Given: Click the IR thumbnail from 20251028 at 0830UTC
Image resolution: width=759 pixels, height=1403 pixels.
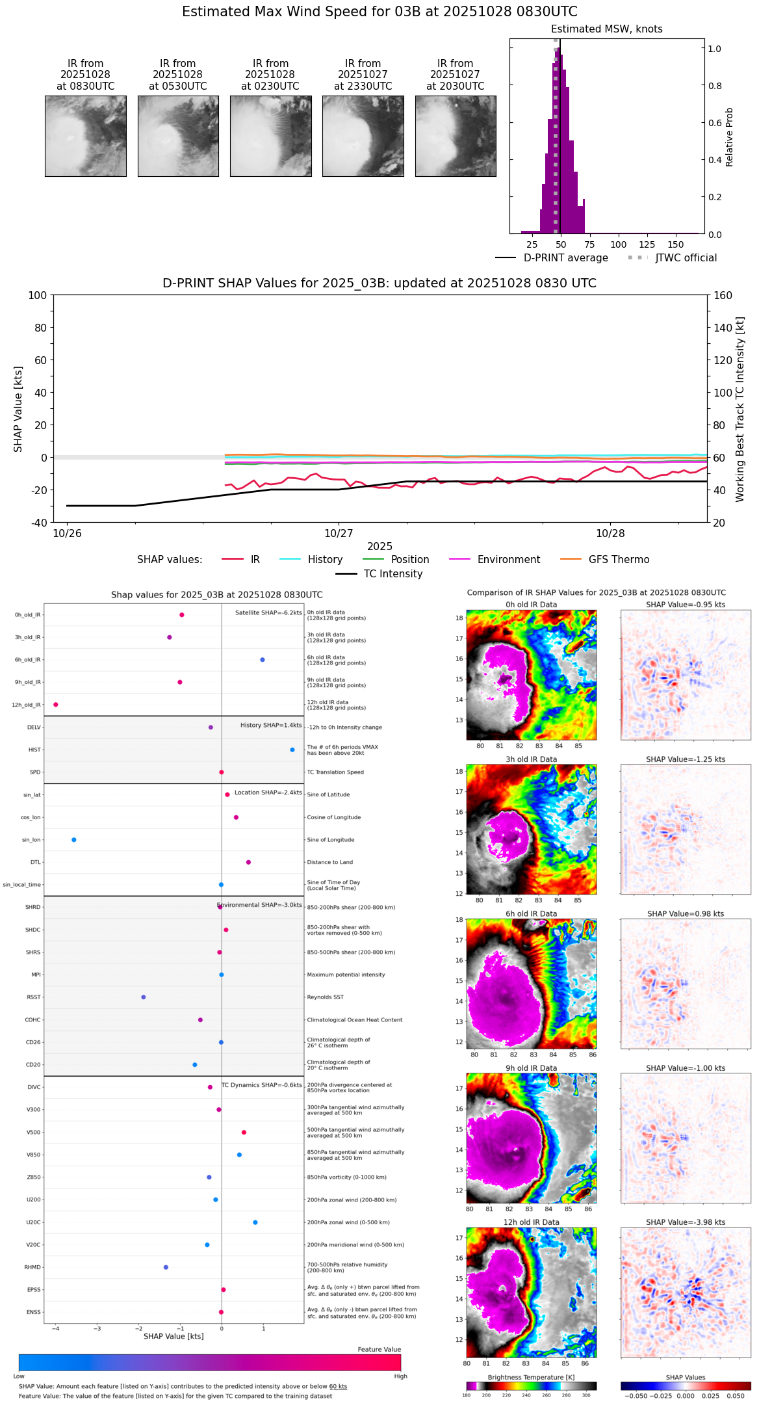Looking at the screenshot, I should (x=85, y=136).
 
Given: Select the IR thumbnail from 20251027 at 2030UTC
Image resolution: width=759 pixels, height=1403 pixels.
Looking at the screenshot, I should (x=456, y=136).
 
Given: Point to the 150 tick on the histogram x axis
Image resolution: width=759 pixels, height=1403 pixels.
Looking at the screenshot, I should (x=676, y=244).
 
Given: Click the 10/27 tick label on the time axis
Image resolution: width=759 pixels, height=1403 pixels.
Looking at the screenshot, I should (x=339, y=534).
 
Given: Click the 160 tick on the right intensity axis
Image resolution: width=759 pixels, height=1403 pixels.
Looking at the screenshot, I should (x=723, y=296).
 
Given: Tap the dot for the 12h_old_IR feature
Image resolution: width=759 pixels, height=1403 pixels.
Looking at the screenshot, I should (x=56, y=705).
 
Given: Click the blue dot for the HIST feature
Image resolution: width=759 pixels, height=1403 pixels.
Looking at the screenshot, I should (x=292, y=750).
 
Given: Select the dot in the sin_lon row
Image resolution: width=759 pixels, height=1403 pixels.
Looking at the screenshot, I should (x=74, y=840).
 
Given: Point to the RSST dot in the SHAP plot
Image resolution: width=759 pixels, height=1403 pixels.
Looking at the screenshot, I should (x=144, y=997).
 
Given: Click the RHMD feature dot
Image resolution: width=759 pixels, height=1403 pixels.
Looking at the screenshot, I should (x=166, y=1267).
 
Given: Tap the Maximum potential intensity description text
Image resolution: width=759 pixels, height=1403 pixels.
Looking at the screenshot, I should (x=346, y=975).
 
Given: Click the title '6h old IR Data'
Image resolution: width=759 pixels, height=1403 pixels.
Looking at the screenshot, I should (x=531, y=914).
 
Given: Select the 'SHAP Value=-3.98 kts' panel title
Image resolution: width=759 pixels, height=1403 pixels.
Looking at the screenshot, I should (x=686, y=1222).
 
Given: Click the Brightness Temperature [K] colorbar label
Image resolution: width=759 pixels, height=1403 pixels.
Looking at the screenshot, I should (x=531, y=1378).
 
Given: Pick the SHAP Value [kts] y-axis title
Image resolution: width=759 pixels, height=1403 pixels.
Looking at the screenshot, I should (x=18, y=409).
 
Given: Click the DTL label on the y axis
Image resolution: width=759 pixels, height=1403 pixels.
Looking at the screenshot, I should (x=35, y=863).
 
